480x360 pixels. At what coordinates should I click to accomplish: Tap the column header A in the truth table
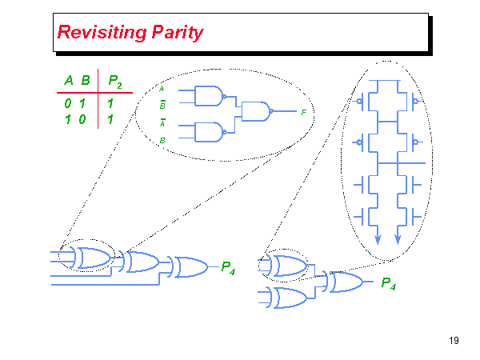[70, 80]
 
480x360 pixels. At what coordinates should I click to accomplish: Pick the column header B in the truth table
[85, 80]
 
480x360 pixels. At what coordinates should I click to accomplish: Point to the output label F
[303, 112]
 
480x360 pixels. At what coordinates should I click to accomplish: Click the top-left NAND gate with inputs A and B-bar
[210, 96]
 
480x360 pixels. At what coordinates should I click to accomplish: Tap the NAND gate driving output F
[256, 111]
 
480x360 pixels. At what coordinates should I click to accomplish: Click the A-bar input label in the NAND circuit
[162, 122]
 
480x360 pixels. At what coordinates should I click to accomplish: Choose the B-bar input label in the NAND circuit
[162, 104]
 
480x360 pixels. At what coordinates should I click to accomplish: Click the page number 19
[454, 342]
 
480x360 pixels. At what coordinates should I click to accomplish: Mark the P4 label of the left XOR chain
[228, 267]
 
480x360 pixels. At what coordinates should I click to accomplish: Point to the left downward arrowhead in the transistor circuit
[377, 238]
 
